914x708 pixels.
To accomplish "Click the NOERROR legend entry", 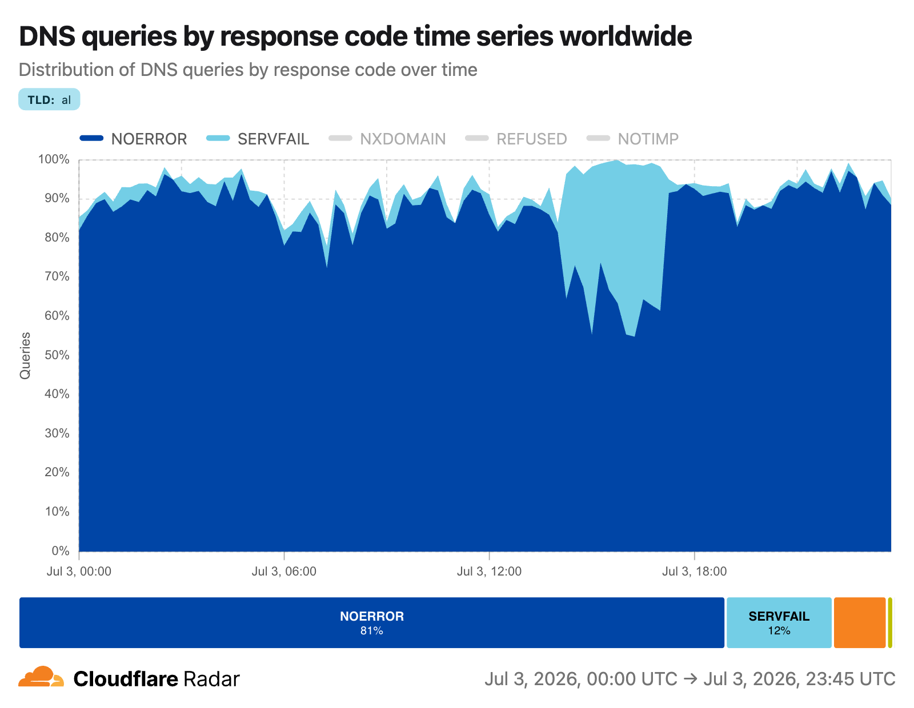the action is pos(133,139).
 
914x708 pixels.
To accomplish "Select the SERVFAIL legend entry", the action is pos(258,139).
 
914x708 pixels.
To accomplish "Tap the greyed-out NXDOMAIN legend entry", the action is pos(387,139).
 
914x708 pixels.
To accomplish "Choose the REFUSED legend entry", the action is pos(516,139).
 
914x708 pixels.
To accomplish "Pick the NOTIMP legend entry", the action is pos(632,139).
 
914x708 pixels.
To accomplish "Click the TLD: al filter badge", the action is pos(49,99).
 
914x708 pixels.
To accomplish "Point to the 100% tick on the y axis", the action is pos(54,159).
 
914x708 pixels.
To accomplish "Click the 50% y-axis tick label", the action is pos(57,355).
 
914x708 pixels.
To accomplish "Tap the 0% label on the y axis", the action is pos(60,550).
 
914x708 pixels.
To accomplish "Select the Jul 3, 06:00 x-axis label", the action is pos(284,571).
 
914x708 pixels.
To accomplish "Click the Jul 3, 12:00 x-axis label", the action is pos(489,571).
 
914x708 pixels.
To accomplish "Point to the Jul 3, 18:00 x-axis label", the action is pos(695,571).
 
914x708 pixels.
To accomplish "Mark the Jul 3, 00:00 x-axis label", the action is pos(79,571).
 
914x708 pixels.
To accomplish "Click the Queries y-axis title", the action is pos(25,355).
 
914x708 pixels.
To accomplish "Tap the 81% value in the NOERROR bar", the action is pos(371,630).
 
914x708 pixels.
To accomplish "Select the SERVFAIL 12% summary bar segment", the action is pos(779,622).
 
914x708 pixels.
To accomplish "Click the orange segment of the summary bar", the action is pos(860,622).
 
